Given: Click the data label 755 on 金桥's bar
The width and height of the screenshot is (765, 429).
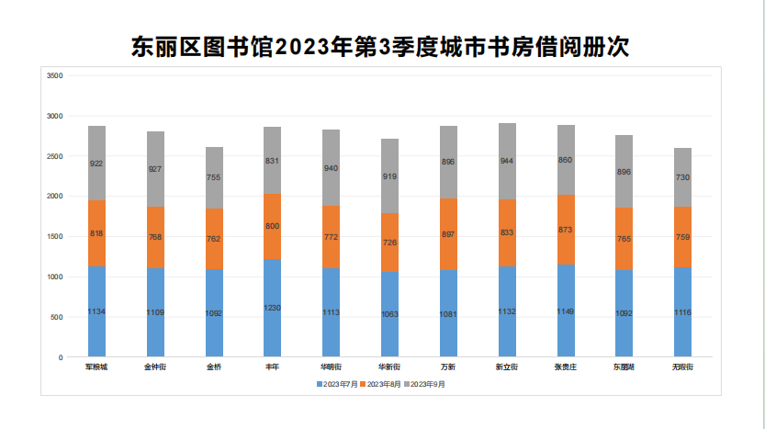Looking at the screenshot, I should pos(214,177).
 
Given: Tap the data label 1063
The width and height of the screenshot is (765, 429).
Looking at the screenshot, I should pos(389,314).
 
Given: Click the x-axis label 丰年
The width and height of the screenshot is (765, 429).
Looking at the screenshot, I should pos(273,367).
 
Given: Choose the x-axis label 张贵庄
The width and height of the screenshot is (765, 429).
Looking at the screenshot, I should pos(566,367).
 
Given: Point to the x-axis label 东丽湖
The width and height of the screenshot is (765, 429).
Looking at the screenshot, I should pos(624,367).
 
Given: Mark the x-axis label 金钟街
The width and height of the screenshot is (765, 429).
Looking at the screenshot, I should pos(155,367).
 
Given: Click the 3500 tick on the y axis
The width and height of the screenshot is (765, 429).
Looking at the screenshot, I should pos(54,75).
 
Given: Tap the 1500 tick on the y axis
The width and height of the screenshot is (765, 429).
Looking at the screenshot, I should pos(54,236).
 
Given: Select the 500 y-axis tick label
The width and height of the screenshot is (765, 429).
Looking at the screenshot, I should pos(57,317).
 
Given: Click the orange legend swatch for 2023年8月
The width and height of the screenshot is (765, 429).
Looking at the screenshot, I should pos(364,384).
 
